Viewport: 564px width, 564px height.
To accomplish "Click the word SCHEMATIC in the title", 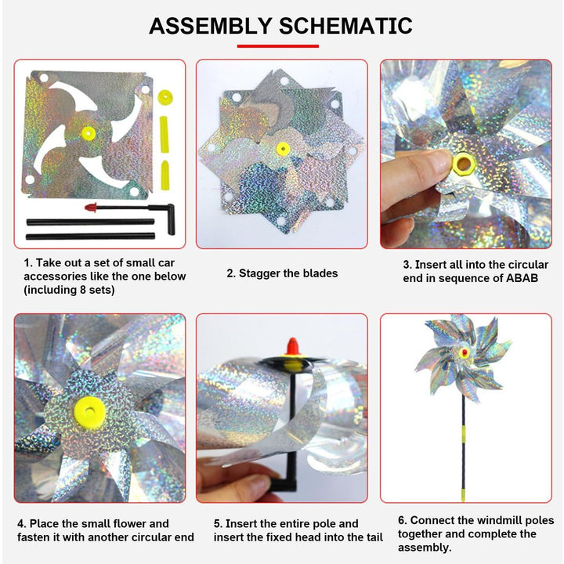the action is click(345, 26).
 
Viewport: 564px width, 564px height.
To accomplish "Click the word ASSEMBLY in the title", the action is click(210, 26).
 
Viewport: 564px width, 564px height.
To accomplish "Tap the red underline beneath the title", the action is click(277, 46).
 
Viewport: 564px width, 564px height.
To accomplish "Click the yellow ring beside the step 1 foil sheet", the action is click(165, 97).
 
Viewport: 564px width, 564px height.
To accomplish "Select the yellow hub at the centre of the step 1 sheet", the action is click(88, 133).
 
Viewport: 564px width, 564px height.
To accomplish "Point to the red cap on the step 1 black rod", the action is click(91, 207).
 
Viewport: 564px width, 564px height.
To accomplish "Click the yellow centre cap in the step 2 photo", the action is click(283, 149).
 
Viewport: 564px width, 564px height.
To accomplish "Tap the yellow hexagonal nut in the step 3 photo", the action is click(463, 164).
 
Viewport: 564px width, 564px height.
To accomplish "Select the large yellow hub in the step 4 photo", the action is click(90, 413).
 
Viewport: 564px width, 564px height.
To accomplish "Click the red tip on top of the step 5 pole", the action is click(292, 346).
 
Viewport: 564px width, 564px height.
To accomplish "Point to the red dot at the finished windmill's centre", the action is click(465, 352).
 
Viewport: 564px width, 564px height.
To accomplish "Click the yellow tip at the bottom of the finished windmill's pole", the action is click(463, 494).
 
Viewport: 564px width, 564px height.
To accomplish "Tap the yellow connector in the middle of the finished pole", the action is click(464, 432).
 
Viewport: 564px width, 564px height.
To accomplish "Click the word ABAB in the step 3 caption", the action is click(522, 278).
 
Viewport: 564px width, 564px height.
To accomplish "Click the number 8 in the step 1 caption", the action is click(83, 290).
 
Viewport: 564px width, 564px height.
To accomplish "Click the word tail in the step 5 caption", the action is click(373, 537).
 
